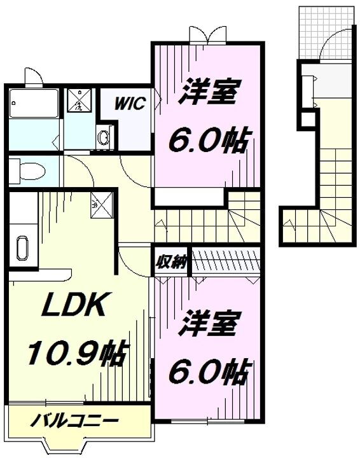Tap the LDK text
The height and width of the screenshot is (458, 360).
tap(73, 307)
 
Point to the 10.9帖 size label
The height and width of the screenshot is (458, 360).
tap(76, 351)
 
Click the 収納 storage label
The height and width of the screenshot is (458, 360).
tap(170, 261)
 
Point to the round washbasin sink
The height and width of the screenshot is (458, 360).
tap(104, 137)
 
